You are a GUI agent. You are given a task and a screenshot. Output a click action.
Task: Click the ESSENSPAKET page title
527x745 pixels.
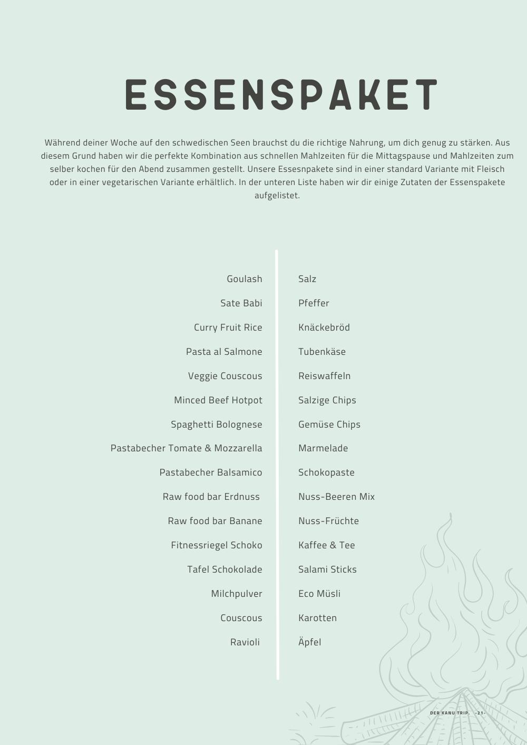281,95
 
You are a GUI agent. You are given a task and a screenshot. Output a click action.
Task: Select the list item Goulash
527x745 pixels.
244,279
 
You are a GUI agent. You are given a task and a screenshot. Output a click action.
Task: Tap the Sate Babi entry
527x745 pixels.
241,303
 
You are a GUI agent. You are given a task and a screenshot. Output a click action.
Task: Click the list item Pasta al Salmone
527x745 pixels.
224,352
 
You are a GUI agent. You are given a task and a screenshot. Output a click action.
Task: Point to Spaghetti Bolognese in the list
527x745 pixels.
216,424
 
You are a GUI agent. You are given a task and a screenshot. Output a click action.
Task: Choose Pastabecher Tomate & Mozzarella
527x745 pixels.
186,448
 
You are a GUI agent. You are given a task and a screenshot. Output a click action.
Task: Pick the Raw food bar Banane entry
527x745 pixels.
214,521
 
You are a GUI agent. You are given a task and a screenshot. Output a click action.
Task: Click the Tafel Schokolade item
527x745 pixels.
225,569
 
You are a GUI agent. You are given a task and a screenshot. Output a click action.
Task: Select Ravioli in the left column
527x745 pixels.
245,642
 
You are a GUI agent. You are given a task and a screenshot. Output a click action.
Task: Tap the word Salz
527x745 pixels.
307,279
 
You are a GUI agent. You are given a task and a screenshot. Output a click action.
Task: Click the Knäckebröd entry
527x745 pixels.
324,327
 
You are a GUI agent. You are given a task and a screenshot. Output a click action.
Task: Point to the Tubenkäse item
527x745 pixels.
322,352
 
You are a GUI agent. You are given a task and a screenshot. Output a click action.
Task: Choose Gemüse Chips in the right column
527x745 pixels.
329,424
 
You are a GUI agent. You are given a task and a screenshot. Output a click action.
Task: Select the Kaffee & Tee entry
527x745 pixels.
327,545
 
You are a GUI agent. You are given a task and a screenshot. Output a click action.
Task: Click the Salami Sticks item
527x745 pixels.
327,569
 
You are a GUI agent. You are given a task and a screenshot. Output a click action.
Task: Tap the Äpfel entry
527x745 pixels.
310,642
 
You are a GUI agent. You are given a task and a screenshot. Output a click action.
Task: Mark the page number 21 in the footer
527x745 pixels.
480,713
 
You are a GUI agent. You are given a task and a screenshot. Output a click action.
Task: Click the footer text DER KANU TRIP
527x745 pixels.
450,713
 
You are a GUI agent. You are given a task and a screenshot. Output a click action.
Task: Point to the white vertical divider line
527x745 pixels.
277,464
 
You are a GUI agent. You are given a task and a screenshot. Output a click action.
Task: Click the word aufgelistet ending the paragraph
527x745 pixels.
277,196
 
